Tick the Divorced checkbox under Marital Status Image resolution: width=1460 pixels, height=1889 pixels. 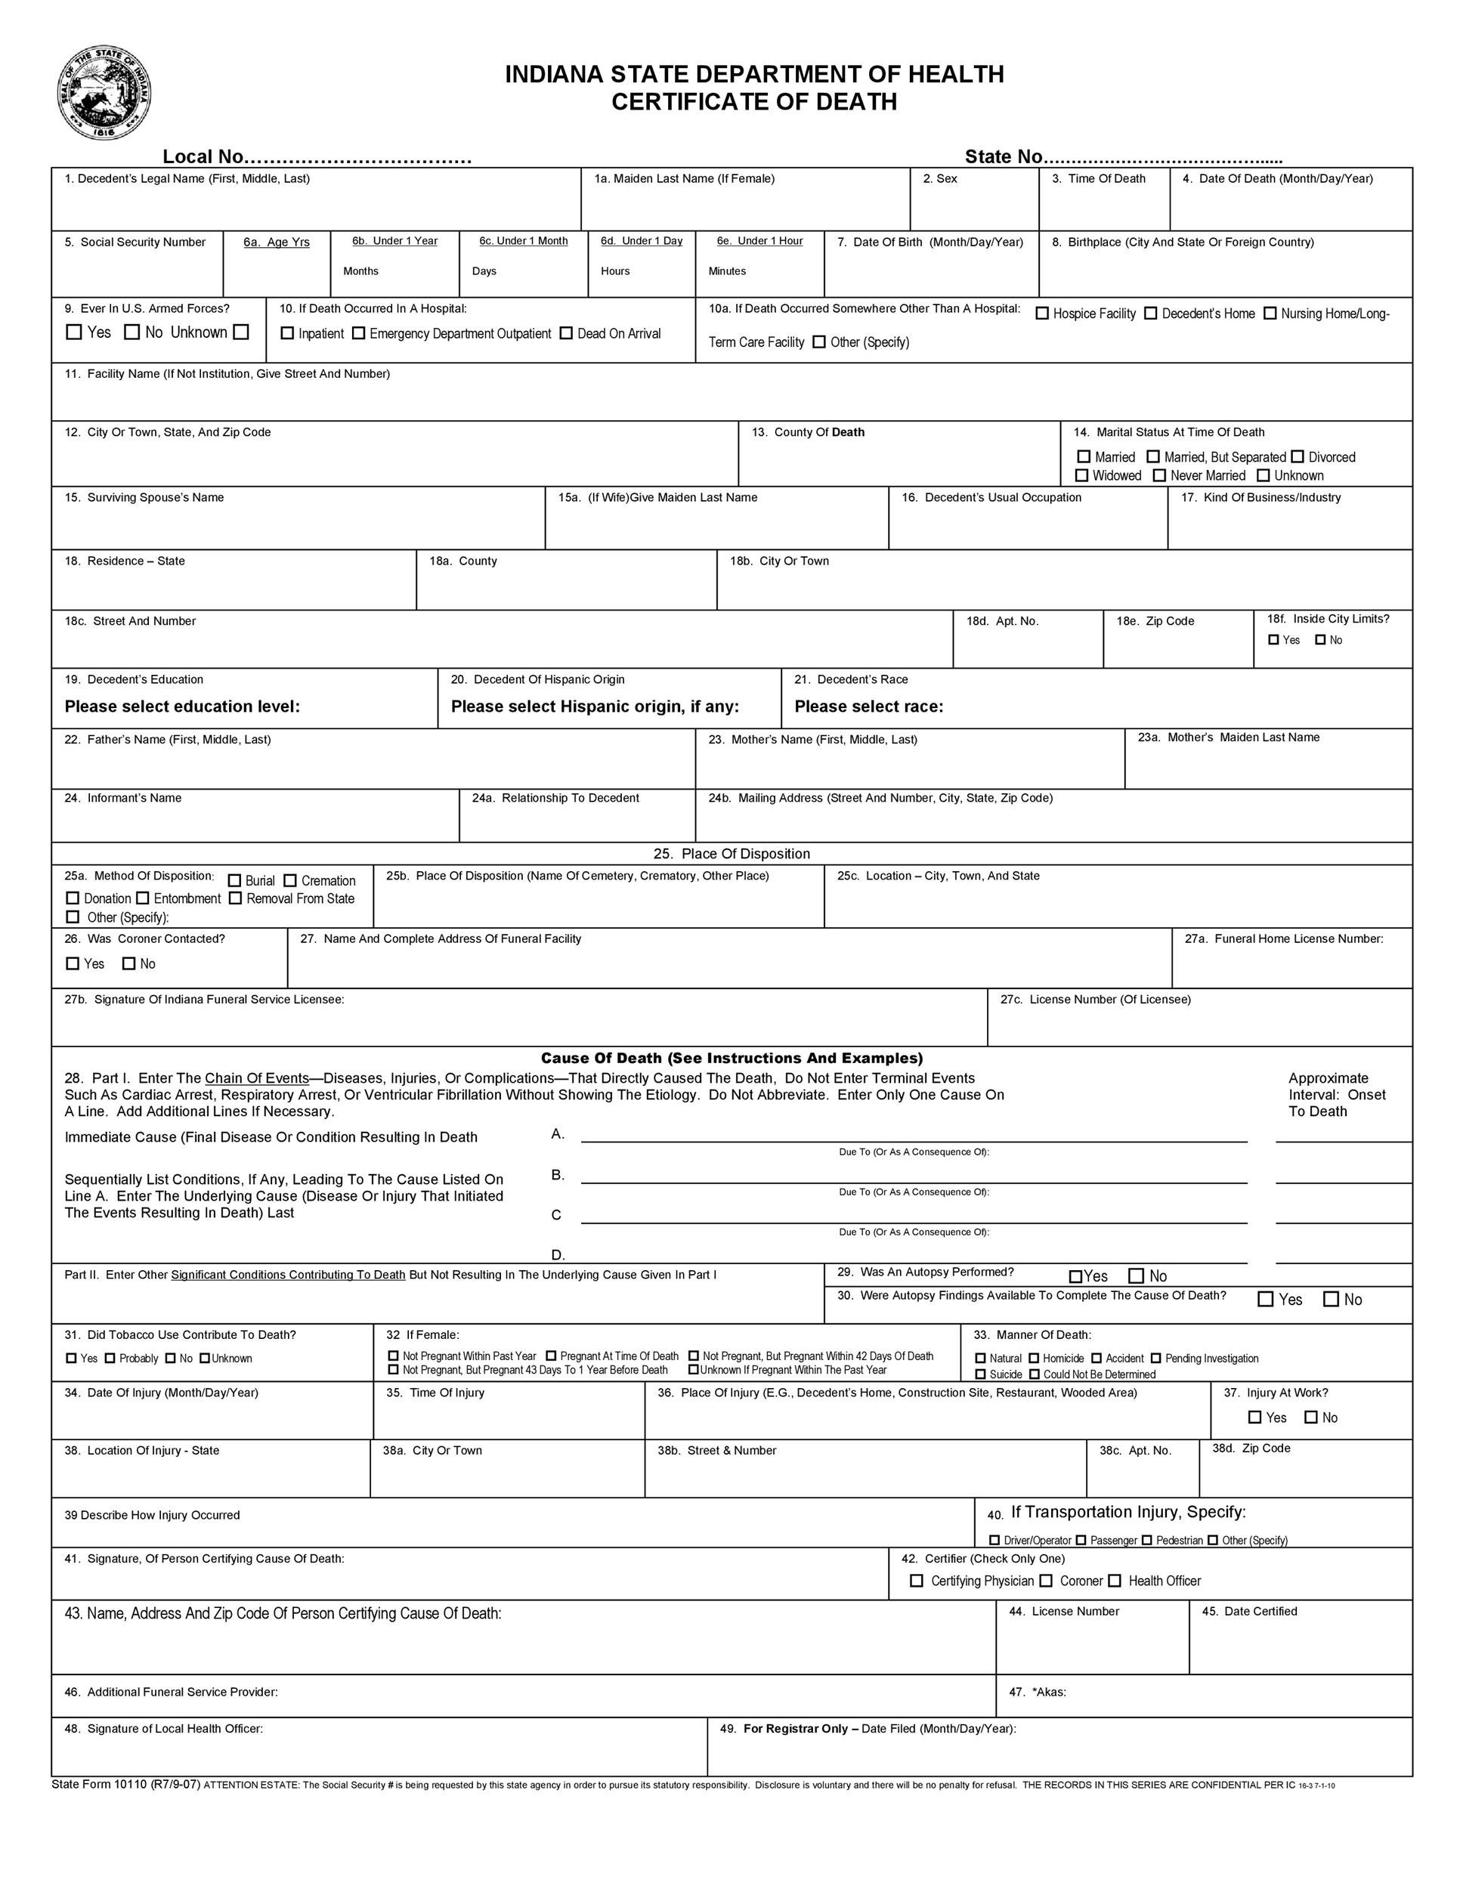point(1298,456)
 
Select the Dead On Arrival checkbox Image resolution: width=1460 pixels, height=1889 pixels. point(566,333)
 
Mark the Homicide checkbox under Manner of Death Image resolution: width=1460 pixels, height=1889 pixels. point(1034,1358)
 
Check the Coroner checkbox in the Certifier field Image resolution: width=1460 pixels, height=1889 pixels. point(1046,1580)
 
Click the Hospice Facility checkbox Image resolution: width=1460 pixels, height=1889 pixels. point(1042,313)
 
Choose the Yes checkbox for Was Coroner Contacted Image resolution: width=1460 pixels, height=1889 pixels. point(73,963)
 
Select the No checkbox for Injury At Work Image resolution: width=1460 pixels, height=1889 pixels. point(1311,1417)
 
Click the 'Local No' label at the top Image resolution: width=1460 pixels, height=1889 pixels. point(204,156)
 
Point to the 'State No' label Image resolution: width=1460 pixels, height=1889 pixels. point(1004,156)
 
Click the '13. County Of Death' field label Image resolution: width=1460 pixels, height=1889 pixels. point(808,432)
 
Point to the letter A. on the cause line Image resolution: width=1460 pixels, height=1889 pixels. point(558,1134)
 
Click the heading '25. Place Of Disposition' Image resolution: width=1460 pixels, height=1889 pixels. point(732,854)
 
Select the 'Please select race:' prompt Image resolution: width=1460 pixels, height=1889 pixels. point(868,706)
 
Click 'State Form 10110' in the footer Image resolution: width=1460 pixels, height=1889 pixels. point(125,1783)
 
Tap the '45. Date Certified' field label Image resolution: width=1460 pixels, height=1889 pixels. point(1249,1610)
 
